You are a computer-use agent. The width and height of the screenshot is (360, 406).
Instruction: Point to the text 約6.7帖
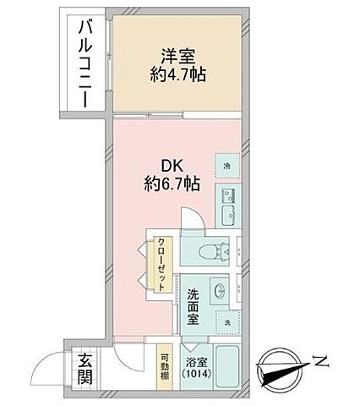point(170,183)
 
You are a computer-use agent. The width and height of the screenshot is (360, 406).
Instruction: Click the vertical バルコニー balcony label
point(85,65)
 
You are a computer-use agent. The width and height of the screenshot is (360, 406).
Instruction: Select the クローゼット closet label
point(161,265)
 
